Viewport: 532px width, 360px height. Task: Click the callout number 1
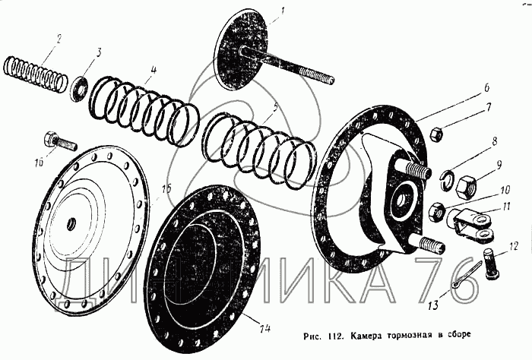pyautogui.click(x=283, y=13)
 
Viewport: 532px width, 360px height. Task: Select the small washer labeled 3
pyautogui.click(x=80, y=88)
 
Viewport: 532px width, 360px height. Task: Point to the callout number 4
pyautogui.click(x=154, y=70)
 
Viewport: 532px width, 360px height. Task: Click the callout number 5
pyautogui.click(x=275, y=108)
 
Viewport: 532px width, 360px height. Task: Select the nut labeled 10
pyautogui.click(x=436, y=212)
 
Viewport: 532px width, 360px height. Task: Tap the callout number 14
pyautogui.click(x=266, y=328)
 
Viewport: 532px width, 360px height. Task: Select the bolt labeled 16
pyautogui.click(x=59, y=141)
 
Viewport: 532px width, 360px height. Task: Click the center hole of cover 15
pyautogui.click(x=72, y=223)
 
